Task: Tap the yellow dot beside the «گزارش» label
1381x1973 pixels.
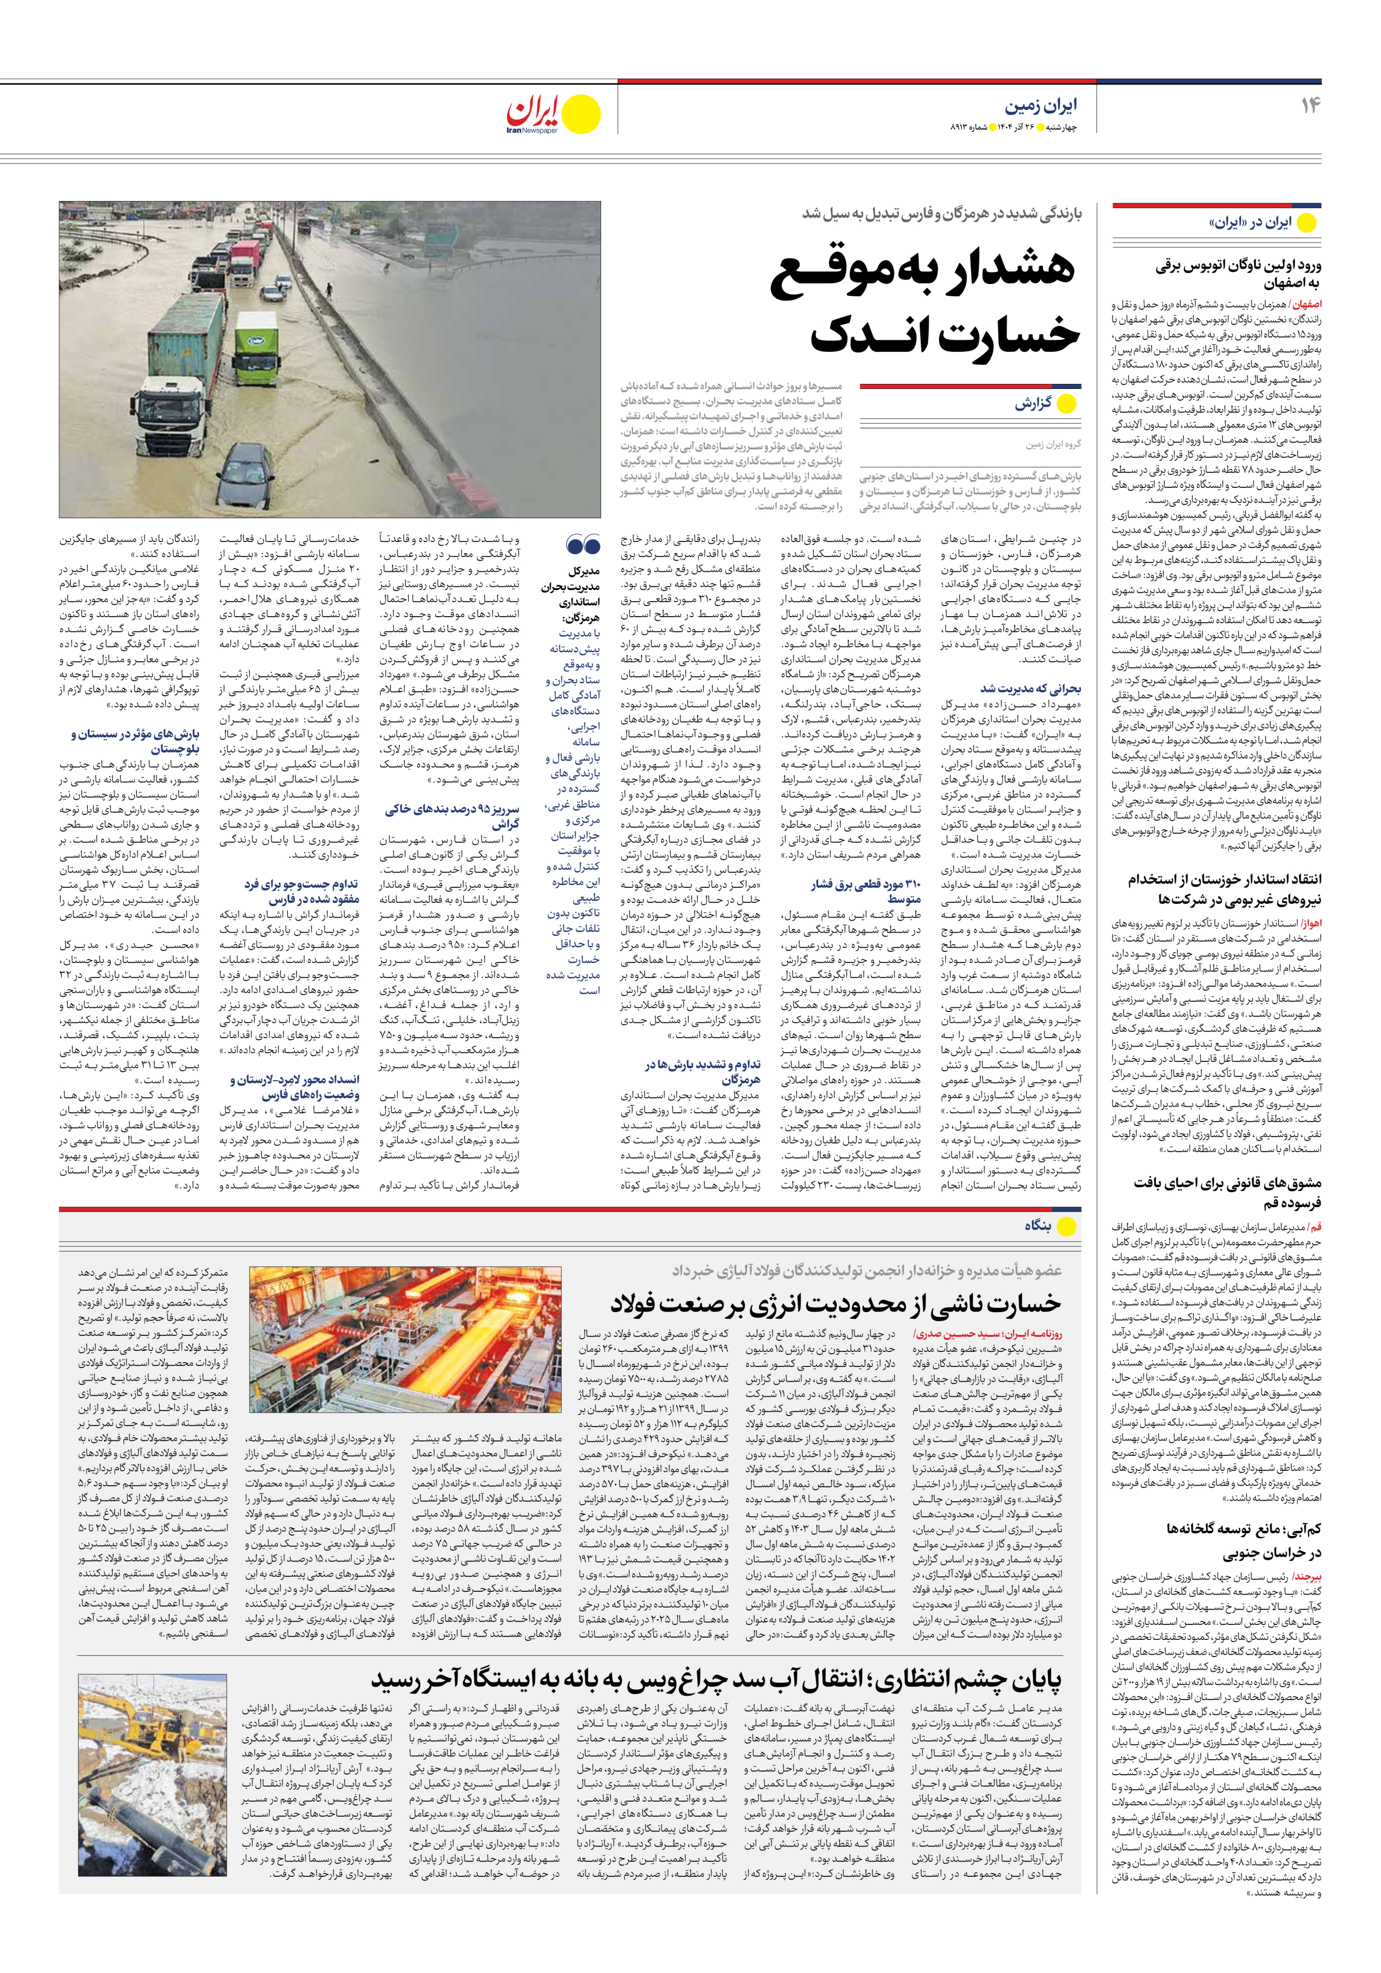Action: pos(1067,404)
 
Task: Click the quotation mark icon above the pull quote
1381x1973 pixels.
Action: pos(583,545)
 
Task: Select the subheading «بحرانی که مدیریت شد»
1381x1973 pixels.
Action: pos(1030,688)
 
